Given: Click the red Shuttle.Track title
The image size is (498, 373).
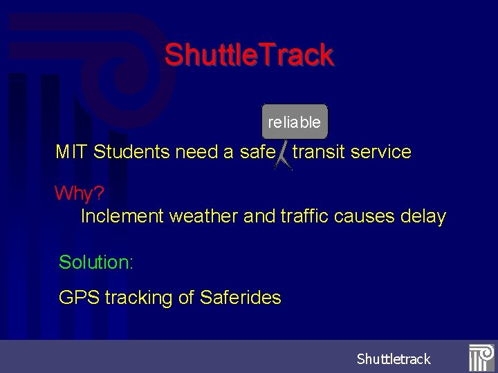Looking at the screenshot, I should pyautogui.click(x=249, y=55).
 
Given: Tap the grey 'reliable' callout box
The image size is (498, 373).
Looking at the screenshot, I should pyautogui.click(x=295, y=122).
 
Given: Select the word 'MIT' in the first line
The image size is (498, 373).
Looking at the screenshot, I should pyautogui.click(x=71, y=152).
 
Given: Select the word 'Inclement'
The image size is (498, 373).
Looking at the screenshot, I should pyautogui.click(x=122, y=216).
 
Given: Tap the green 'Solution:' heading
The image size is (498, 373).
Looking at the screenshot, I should pyautogui.click(x=96, y=262).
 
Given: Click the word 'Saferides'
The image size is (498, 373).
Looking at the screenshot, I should pyautogui.click(x=240, y=298).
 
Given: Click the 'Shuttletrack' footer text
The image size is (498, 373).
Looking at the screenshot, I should pyautogui.click(x=394, y=359).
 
